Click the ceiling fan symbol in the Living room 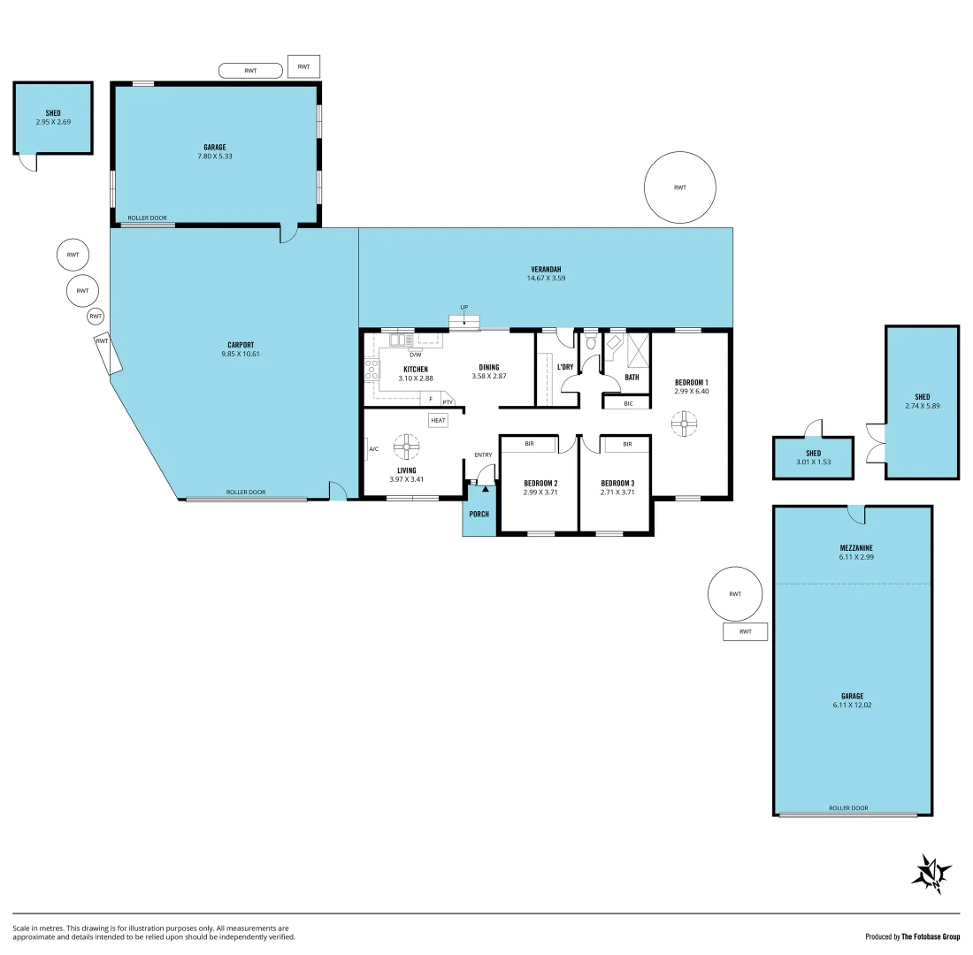coord(406,447)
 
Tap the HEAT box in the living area coord(439,421)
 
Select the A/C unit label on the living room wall coord(373,449)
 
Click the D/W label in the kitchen coord(415,355)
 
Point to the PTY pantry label coord(448,401)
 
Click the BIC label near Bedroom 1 coord(628,403)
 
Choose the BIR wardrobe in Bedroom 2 coord(528,444)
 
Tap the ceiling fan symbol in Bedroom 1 coord(683,424)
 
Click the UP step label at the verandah coord(464,308)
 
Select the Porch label coord(479,514)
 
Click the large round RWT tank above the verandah coord(679,187)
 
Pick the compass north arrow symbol coord(931,874)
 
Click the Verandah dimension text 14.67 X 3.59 coord(546,279)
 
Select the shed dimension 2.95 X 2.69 coord(53,122)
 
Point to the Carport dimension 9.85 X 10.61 coord(241,354)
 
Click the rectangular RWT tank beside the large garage coord(745,631)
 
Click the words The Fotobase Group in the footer coord(931,936)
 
